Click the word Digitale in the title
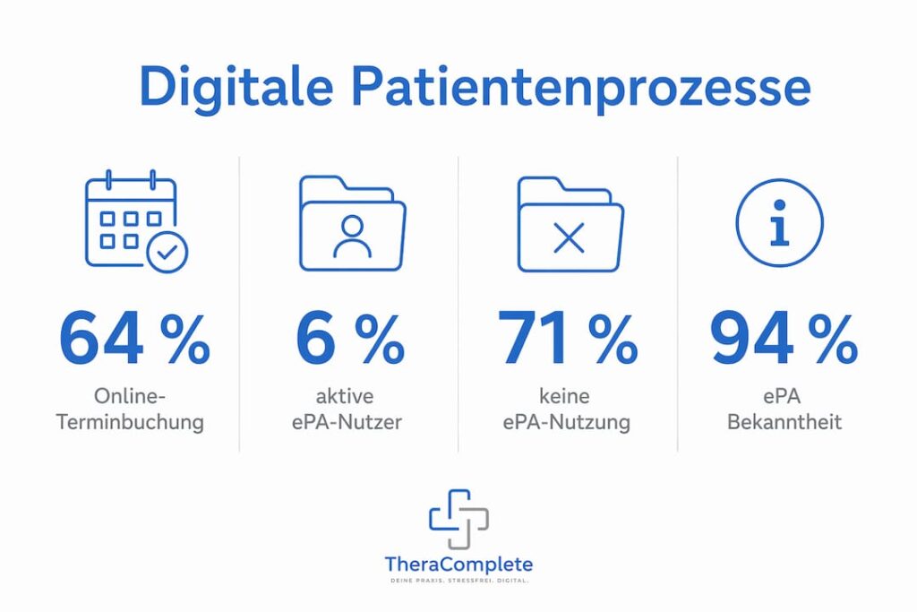tap(236, 89)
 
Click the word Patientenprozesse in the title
tap(580, 89)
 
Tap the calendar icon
tap(136, 221)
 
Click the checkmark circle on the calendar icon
tap(167, 253)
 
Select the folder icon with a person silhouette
tap(352, 223)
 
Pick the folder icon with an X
tap(570, 224)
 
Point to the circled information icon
tap(780, 223)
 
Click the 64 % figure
tap(134, 339)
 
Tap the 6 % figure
tap(350, 339)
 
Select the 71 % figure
tap(568, 338)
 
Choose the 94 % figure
tap(784, 339)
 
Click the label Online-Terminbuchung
tap(130, 409)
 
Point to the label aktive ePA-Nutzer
tap(347, 409)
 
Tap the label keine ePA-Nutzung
tap(566, 409)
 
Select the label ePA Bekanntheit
tap(784, 409)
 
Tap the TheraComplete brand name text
tap(458, 565)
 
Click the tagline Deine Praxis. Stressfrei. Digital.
tap(459, 581)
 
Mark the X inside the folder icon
tap(569, 238)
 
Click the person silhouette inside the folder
tap(352, 237)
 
